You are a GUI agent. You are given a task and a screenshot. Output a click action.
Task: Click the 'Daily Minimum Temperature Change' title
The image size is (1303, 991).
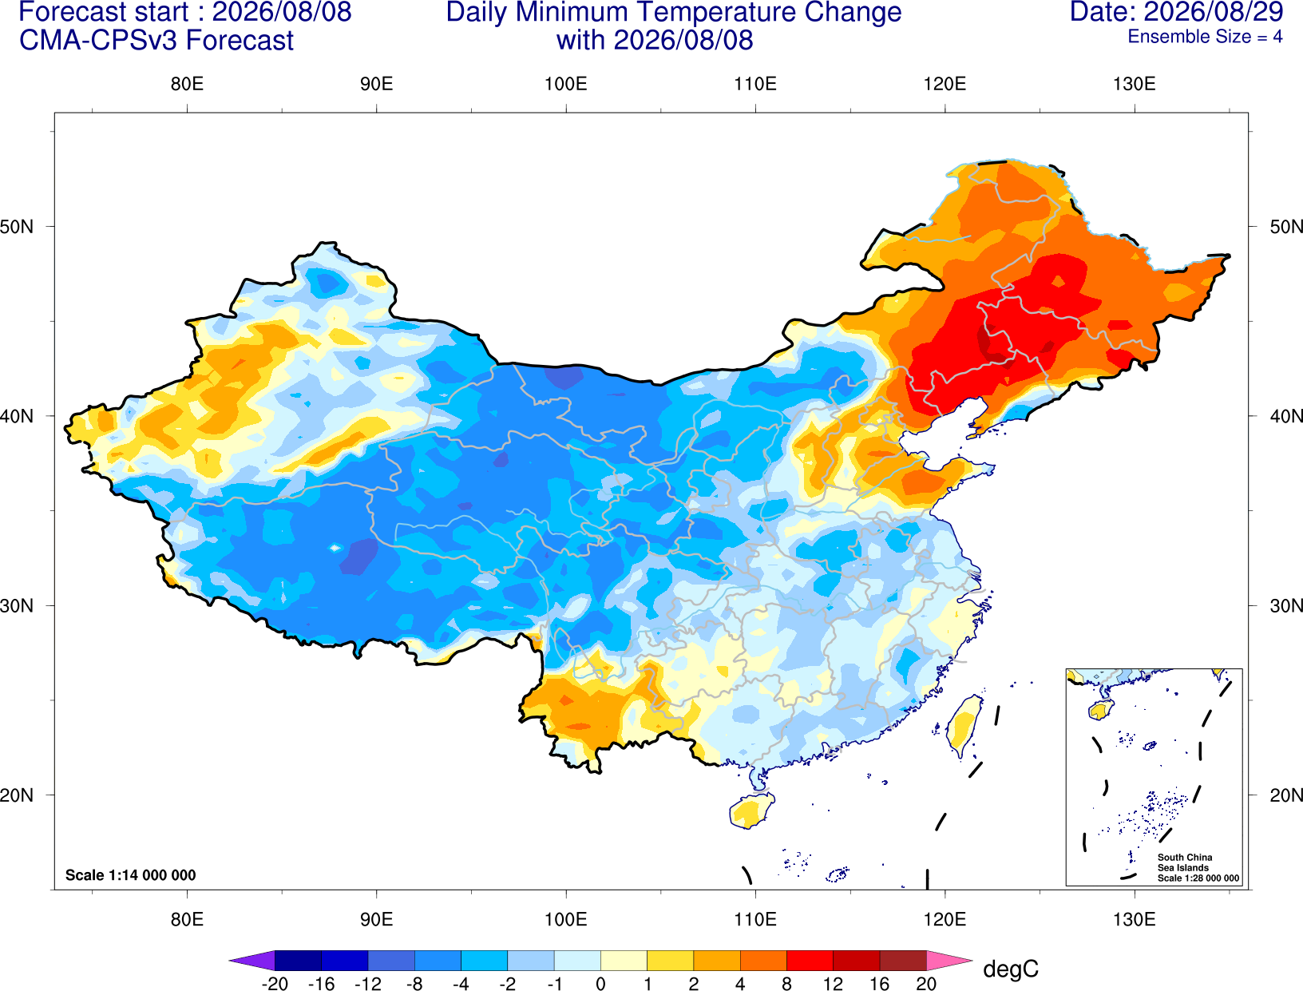point(674,13)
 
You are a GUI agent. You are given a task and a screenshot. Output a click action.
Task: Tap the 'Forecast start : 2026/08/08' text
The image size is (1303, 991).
point(185,13)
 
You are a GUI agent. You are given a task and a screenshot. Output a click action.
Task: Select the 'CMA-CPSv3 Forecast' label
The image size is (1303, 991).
point(156,41)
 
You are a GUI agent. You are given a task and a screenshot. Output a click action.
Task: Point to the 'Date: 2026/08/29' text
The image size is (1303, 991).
point(1177,12)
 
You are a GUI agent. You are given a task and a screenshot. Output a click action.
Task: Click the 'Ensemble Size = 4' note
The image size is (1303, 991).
point(1205,37)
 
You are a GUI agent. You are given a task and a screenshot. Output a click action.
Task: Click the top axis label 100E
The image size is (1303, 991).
point(566,84)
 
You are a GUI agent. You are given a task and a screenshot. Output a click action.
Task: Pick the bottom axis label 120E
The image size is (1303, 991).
point(945,920)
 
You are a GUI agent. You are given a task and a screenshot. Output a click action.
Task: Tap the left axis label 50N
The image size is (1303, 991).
point(17,226)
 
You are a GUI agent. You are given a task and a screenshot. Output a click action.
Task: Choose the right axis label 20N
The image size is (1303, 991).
point(1285,795)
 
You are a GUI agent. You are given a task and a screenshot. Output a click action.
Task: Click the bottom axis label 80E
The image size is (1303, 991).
point(187,920)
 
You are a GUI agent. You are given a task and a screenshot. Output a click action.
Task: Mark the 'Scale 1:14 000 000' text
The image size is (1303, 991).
point(131,874)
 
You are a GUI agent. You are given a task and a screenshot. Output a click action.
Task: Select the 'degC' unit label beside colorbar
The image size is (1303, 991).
point(1010,969)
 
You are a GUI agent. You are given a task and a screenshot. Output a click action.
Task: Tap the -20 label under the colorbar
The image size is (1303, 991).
point(275,984)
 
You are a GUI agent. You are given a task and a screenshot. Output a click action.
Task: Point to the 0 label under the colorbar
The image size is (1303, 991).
point(600,984)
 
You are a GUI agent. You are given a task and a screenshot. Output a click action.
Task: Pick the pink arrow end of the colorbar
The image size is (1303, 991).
point(948,960)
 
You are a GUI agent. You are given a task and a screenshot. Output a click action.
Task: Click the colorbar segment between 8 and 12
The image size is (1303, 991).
point(810,960)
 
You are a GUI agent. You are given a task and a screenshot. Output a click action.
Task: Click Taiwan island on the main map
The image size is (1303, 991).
point(964,726)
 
